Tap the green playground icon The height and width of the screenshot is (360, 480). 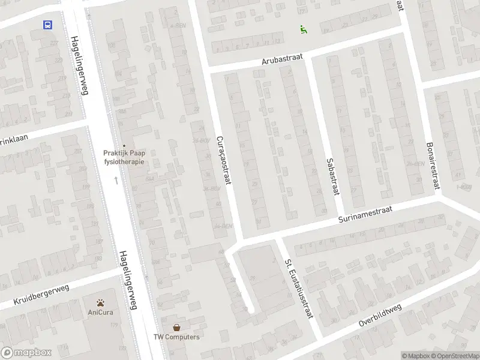coord(304,29)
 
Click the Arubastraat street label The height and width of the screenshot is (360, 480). coord(282,59)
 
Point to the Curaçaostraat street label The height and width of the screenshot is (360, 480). coord(223,160)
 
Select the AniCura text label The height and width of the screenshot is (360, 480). coord(101,313)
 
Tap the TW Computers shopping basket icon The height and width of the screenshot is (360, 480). coord(176,328)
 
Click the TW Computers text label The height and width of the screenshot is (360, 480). coord(176,337)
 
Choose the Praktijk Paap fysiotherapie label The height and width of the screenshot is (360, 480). coord(124,157)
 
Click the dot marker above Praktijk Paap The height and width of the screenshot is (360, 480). coord(124,145)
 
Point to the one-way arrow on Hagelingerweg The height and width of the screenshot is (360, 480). coord(116,179)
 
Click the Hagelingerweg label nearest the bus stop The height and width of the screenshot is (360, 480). coord(76,65)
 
